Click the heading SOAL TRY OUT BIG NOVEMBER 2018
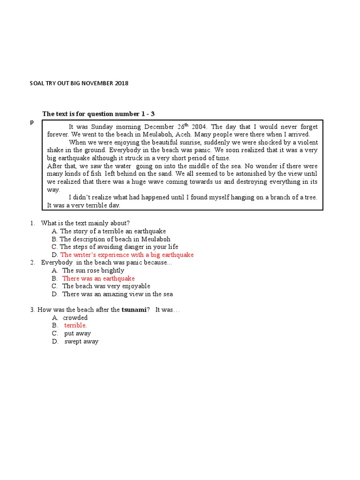click(79, 83)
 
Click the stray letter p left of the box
click(32, 122)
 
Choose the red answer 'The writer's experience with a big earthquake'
click(127, 255)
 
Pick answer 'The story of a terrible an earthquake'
click(112, 231)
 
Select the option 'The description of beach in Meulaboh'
click(114, 239)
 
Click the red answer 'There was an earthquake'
click(98, 278)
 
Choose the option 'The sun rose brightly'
click(93, 270)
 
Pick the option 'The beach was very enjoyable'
click(106, 286)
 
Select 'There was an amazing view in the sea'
click(117, 294)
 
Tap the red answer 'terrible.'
click(75, 325)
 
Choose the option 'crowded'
click(75, 318)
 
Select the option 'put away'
click(77, 333)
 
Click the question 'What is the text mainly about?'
click(85, 223)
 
